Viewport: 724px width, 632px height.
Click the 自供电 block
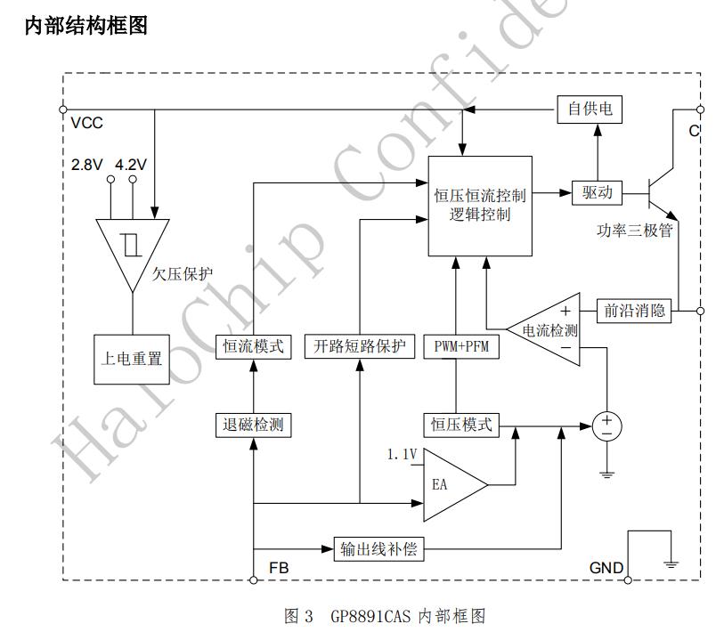[590, 109]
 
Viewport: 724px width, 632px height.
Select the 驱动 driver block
[597, 191]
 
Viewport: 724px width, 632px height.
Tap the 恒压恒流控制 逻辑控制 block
[480, 205]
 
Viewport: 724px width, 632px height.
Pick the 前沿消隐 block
[634, 311]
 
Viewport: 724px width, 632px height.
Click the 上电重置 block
[131, 360]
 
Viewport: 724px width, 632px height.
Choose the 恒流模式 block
[254, 345]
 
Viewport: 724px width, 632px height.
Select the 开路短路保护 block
[360, 345]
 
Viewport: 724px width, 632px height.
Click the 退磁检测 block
[254, 425]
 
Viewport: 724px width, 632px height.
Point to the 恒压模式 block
[460, 425]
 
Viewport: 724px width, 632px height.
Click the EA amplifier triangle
[450, 485]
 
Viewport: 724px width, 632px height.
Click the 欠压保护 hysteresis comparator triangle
[132, 247]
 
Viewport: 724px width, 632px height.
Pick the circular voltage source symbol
[607, 425]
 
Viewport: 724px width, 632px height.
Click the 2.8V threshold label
[87, 165]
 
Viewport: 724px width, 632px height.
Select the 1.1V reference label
[402, 455]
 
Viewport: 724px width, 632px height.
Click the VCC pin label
[86, 123]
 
